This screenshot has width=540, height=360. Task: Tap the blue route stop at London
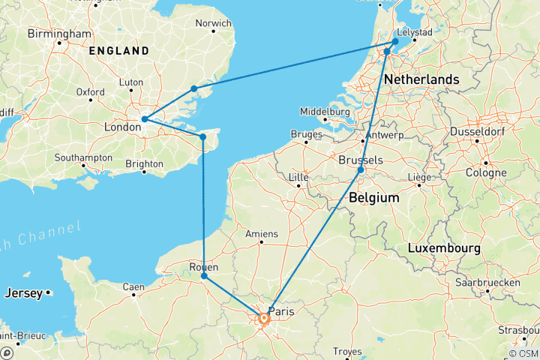pos(144,119)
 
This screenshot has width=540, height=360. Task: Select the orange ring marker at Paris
pos(263,319)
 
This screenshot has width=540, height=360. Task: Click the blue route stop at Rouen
pos(204,277)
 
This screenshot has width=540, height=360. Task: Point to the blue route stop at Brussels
pos(361,171)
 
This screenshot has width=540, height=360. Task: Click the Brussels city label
pos(361,160)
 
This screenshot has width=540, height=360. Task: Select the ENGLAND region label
pos(119,51)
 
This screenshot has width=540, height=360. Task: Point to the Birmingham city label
pos(58,34)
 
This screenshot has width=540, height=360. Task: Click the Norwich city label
pos(213,23)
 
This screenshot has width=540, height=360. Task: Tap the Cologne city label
pos(488,172)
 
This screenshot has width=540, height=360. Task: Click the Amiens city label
pos(262,233)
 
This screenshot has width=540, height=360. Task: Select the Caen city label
pos(134,286)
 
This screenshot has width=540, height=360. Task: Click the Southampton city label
pos(84,158)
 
